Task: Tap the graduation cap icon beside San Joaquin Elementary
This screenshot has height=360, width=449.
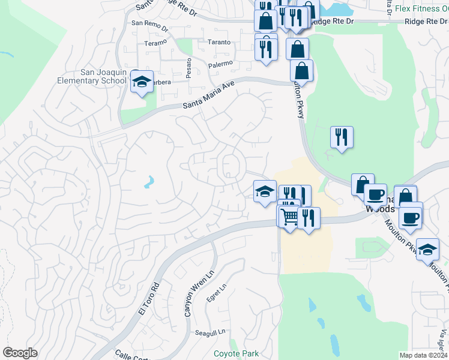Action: click(141, 82)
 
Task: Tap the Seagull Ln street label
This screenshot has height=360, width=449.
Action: click(209, 332)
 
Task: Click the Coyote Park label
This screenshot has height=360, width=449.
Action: click(236, 353)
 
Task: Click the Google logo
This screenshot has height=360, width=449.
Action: click(20, 353)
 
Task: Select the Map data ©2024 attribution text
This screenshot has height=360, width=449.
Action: click(424, 355)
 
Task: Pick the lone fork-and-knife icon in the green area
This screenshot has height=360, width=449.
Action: click(342, 137)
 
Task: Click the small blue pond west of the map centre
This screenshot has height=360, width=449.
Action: click(148, 181)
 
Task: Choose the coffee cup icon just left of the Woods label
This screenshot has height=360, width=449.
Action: click(375, 195)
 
